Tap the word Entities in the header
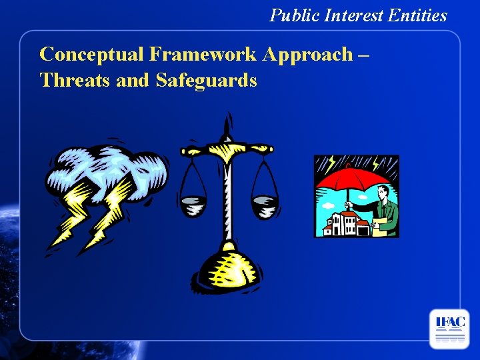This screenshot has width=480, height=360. tap(420, 15)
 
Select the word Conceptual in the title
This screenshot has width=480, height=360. tap(90, 55)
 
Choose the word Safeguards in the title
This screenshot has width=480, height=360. tap(206, 81)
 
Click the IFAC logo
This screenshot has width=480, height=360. tap(449, 329)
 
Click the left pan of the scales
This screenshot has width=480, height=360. tap(193, 205)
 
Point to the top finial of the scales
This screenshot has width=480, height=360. tap(229, 124)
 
